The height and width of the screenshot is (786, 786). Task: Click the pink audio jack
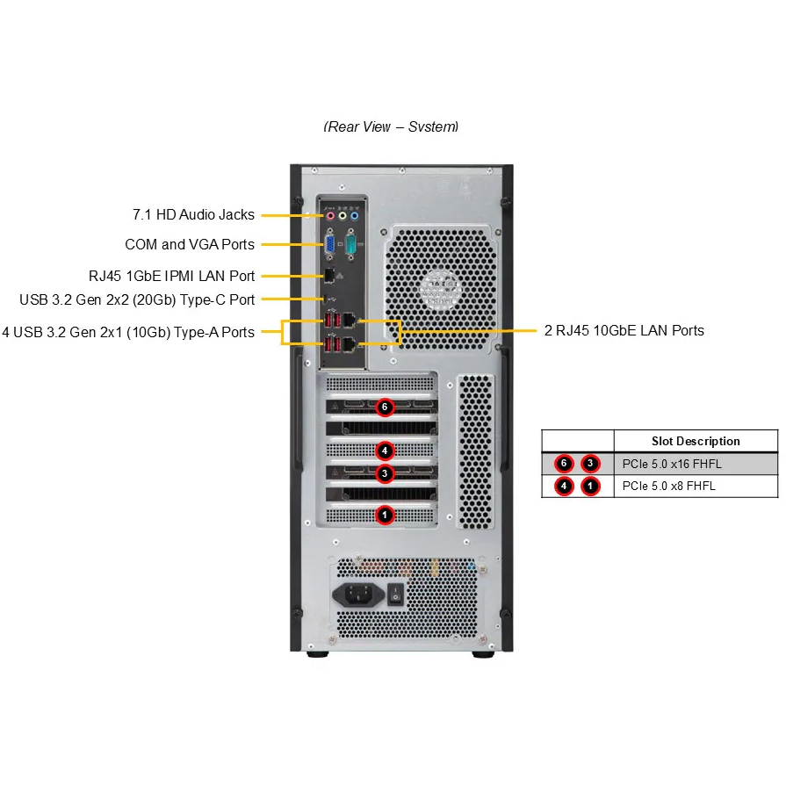(330, 213)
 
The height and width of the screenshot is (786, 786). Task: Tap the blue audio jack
(355, 213)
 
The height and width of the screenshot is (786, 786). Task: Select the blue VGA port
(330, 243)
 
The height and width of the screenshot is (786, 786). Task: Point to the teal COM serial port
(350, 243)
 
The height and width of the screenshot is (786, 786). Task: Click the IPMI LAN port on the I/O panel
(329, 276)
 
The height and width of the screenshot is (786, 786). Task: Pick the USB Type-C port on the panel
(331, 299)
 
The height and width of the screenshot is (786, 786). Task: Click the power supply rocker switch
(395, 595)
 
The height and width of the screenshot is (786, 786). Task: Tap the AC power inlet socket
(356, 595)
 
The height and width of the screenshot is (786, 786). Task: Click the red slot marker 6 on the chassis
(385, 407)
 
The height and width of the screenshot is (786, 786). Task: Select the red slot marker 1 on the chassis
(385, 515)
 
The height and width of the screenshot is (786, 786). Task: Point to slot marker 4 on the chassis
(385, 451)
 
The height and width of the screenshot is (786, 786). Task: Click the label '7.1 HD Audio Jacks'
(193, 214)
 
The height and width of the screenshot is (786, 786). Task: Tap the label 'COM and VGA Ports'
(190, 244)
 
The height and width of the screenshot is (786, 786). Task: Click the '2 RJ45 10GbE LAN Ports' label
(624, 331)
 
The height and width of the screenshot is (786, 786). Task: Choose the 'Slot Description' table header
(696, 441)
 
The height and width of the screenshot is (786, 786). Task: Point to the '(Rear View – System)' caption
(392, 126)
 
